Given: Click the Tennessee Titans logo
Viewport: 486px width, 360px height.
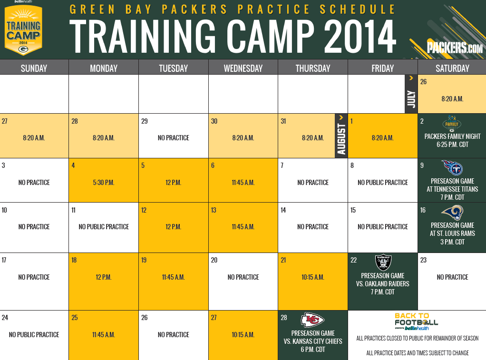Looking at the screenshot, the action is pyautogui.click(x=452, y=168).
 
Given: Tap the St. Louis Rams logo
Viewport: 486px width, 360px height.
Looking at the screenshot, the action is pyautogui.click(x=452, y=213).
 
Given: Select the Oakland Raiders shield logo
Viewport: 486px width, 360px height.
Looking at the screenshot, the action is pyautogui.click(x=383, y=263).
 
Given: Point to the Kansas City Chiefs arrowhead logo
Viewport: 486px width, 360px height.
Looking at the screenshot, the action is pyautogui.click(x=312, y=320).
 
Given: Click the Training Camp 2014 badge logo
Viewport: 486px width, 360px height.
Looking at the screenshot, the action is pyautogui.click(x=24, y=30).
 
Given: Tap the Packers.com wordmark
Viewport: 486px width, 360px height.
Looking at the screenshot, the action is pyautogui.click(x=455, y=48).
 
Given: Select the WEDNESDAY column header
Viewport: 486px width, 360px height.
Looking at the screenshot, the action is pyautogui.click(x=243, y=68).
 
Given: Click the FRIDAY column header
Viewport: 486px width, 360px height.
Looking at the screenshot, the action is pyautogui.click(x=382, y=68).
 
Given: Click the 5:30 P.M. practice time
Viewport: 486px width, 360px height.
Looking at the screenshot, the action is pyautogui.click(x=104, y=183).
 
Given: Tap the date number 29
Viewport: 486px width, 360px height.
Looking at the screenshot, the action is pyautogui.click(x=145, y=121).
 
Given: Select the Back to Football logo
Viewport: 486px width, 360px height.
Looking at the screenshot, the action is pyautogui.click(x=416, y=321).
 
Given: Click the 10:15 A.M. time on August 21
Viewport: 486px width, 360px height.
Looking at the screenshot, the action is pyautogui.click(x=313, y=277).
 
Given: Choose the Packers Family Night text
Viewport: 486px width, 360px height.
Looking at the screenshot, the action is pyautogui.click(x=452, y=136).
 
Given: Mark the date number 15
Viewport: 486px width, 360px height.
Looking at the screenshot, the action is pyautogui.click(x=353, y=210).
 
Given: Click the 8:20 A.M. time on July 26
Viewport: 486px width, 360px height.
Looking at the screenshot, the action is pyautogui.click(x=452, y=99).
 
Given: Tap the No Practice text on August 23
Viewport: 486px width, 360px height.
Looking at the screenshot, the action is pyautogui.click(x=452, y=277).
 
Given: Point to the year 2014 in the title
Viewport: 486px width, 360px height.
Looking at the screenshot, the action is pyautogui.click(x=360, y=37).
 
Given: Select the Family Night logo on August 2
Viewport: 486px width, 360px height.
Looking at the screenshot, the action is pyautogui.click(x=452, y=124).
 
